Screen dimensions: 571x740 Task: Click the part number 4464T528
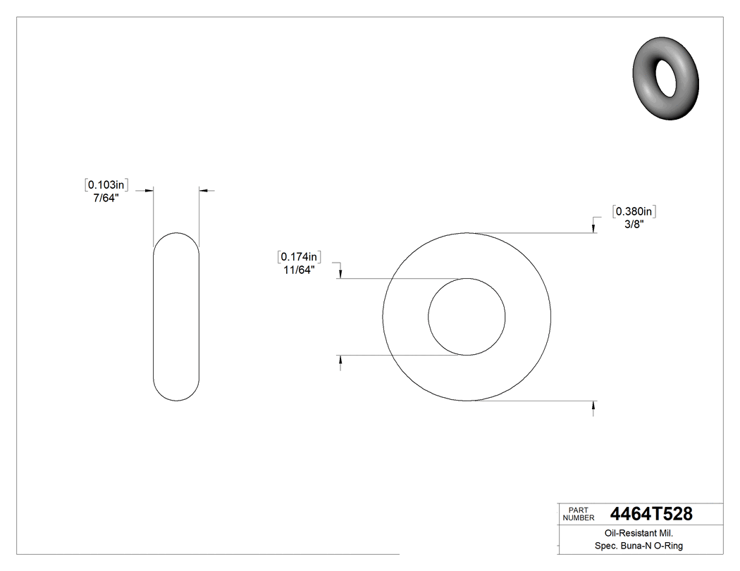(651, 515)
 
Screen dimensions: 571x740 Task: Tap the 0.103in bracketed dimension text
(106, 184)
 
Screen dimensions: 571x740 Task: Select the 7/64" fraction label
(106, 198)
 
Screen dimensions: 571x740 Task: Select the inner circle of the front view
(467, 317)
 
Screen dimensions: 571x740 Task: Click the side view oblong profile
(176, 317)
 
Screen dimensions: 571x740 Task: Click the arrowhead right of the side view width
(203, 190)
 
